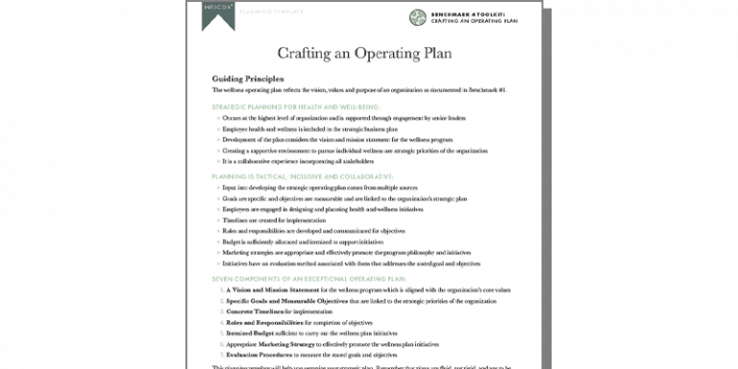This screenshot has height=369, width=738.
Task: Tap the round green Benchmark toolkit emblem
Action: tap(417, 17)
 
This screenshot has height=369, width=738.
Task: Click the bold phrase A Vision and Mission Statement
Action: tap(270, 289)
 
